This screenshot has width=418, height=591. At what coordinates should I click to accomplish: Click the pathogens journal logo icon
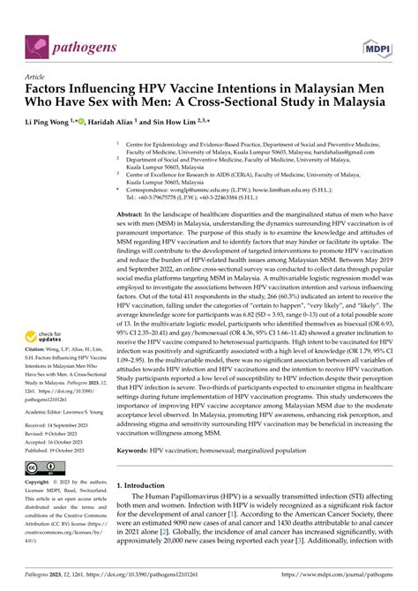click(x=37, y=42)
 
